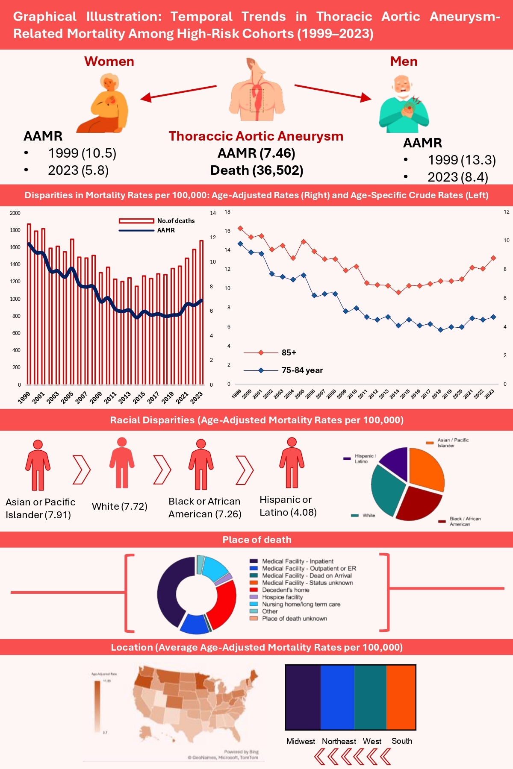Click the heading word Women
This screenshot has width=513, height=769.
109,62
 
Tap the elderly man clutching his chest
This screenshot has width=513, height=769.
404,104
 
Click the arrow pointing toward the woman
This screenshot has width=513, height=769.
178,93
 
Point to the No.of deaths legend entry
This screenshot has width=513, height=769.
156,221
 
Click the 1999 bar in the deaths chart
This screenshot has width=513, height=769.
29,303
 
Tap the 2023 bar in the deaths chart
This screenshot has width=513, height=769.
201,312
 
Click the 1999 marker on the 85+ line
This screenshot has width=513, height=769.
240,228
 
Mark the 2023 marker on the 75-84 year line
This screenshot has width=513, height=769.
493,317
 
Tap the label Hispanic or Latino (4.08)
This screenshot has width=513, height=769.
288,506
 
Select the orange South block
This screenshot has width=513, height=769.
401,697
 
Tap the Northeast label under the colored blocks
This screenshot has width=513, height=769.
339,741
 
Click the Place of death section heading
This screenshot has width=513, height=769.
256,540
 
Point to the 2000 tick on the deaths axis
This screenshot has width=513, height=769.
15,213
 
